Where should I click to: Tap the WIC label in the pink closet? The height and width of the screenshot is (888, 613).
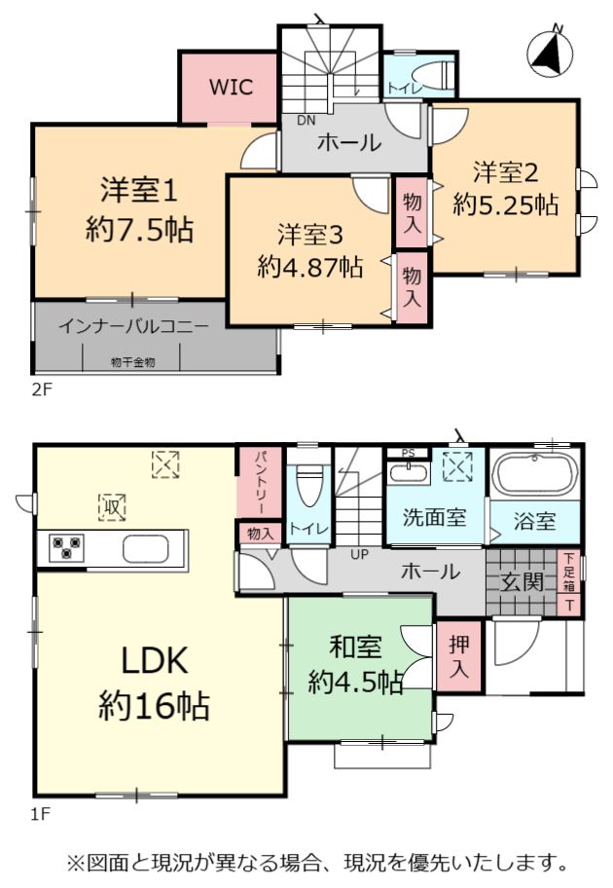pos(231,88)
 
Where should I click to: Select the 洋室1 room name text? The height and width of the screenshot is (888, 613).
pos(139,190)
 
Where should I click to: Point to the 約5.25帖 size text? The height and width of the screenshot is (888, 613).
pos(505,204)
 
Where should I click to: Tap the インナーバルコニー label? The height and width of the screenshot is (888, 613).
pos(133,327)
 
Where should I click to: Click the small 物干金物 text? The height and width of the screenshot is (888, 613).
pos(132,362)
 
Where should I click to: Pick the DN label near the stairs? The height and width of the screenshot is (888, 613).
pos(306,121)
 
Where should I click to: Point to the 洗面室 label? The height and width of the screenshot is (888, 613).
pos(434,517)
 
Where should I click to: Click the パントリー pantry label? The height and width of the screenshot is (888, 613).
pos(261,482)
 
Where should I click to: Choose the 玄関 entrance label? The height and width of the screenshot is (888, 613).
pos(522,582)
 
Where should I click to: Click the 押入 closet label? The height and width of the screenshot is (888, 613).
pos(459,657)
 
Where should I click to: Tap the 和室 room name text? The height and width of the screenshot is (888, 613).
pos(355,647)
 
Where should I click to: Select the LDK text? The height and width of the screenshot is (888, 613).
pos(155,661)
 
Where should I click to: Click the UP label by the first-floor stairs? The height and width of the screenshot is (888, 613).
pos(359,554)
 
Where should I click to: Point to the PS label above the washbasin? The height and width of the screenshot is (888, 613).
pos(408,453)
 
